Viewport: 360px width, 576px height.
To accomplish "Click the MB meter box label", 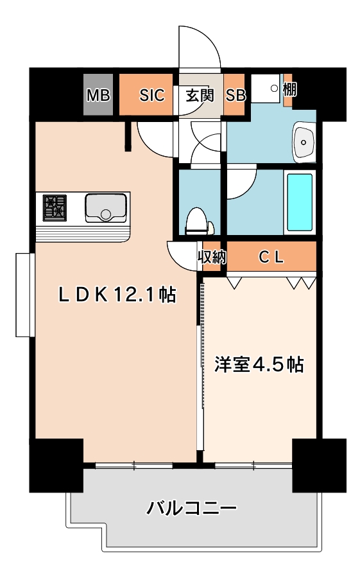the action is pyautogui.click(x=98, y=96).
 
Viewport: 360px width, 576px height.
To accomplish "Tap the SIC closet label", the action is pyautogui.click(x=152, y=96).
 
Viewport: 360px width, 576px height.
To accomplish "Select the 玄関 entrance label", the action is pyautogui.click(x=200, y=96).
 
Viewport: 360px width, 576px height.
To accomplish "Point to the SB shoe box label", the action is pyautogui.click(x=236, y=96).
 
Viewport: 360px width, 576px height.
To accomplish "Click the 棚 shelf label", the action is pyautogui.click(x=289, y=89).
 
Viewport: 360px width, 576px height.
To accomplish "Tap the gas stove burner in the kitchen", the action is pyautogui.click(x=55, y=208).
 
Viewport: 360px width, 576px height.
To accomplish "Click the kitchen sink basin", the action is pyautogui.click(x=106, y=207).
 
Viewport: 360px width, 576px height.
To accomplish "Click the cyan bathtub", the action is pyautogui.click(x=300, y=202).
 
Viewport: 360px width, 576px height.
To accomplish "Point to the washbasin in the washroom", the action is pyautogui.click(x=304, y=141).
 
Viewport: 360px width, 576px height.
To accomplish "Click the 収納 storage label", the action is pyautogui.click(x=212, y=257).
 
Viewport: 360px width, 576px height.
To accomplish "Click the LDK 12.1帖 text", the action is pyautogui.click(x=117, y=295).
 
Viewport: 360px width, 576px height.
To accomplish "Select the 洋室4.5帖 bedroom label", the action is pyautogui.click(x=259, y=365).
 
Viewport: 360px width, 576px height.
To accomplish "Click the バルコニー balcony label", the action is pyautogui.click(x=192, y=509).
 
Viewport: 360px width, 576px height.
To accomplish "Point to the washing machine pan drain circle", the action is pyautogui.click(x=274, y=88).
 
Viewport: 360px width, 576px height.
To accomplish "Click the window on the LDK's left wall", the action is pyautogui.click(x=25, y=295).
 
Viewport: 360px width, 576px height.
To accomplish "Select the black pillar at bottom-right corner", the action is pyautogui.click(x=319, y=465).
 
